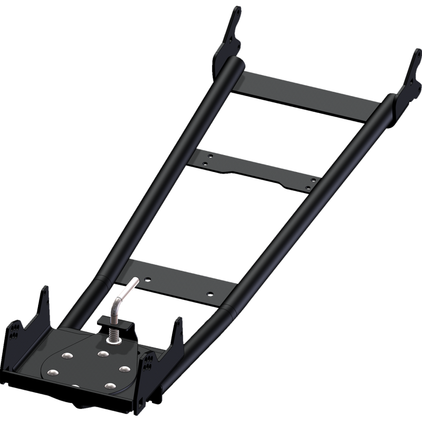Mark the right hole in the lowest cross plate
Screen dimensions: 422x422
(209, 293)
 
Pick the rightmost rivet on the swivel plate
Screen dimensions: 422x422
(124, 368)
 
